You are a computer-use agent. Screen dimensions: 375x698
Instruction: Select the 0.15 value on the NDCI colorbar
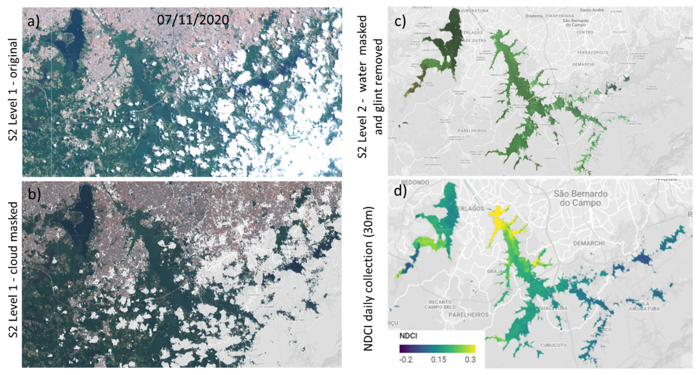[x=438, y=360]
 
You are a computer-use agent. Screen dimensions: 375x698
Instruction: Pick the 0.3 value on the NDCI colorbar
[x=470, y=360]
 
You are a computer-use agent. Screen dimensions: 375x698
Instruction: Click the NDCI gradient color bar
[x=437, y=349]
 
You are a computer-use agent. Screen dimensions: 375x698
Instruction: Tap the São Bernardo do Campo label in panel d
[x=580, y=198]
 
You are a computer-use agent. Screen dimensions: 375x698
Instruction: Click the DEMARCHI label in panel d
[x=589, y=243]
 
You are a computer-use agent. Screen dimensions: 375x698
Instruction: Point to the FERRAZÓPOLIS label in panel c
[x=593, y=53]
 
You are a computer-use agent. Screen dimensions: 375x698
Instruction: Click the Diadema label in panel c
[x=534, y=16]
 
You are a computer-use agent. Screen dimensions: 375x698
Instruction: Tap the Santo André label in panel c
[x=592, y=10]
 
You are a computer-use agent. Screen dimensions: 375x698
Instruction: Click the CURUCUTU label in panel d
[x=553, y=345]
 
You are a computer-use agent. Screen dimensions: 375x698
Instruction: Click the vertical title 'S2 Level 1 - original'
[x=13, y=89]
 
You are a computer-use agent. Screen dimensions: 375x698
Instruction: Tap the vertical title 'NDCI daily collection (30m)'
[x=368, y=279]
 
